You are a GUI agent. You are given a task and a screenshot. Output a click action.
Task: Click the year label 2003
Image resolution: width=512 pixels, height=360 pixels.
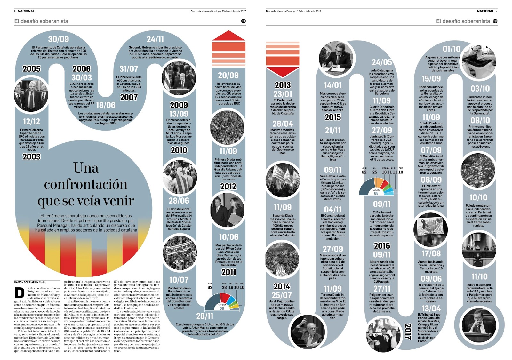[32, 156]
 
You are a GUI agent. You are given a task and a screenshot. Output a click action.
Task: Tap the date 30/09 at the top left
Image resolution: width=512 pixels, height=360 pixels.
[58, 39]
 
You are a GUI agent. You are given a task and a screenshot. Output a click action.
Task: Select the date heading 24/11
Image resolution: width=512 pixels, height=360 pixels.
[155, 39]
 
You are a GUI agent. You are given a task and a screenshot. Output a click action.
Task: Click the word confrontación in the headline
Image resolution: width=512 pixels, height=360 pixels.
[85, 184]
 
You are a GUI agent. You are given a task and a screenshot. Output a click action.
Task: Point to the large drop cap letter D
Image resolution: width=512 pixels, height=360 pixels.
[20, 293]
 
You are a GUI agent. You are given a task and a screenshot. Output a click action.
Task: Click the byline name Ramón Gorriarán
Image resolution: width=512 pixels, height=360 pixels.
[26, 282]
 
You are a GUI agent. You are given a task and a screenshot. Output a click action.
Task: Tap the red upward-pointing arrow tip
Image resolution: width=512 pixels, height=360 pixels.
[228, 35]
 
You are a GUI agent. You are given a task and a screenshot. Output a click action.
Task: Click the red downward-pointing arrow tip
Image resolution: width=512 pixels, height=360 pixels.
[283, 73]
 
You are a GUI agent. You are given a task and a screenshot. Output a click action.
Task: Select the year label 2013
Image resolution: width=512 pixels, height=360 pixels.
[283, 85]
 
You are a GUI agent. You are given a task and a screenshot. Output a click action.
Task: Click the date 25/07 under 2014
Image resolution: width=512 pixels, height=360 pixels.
[282, 295]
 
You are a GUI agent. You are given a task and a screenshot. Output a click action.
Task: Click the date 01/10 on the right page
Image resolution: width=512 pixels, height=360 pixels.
[452, 49]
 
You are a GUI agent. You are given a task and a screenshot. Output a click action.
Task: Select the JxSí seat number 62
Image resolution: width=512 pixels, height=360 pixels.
[364, 172]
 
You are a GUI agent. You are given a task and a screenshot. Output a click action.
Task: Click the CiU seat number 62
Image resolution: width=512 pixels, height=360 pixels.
[210, 288]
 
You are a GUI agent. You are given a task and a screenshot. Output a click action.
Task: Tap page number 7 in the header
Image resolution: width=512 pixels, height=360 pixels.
[497, 11]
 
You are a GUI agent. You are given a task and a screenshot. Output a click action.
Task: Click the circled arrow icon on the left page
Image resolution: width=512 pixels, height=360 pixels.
[244, 21]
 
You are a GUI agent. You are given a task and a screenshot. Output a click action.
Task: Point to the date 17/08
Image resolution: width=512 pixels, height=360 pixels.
[431, 254]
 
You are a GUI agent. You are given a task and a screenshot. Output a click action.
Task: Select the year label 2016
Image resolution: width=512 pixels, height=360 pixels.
[382, 246]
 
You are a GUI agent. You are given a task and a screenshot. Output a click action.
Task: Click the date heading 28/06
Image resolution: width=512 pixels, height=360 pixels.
[179, 201]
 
